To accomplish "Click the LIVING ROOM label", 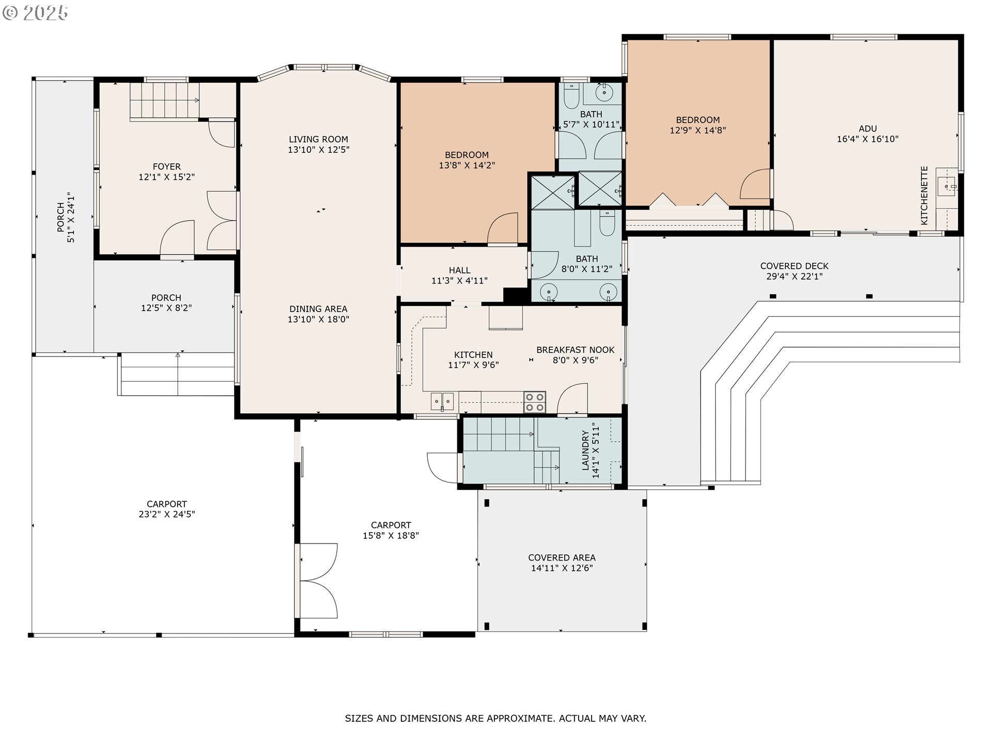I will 318,139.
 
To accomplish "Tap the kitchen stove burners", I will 535,402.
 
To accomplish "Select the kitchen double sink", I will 442,401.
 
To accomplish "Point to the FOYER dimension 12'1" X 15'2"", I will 166,177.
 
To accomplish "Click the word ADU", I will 867,129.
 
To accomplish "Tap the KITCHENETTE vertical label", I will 924,195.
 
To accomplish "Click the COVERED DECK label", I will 794,266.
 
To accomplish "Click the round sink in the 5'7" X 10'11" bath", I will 604,94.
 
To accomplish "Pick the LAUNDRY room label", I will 585,451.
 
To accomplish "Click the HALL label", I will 459,270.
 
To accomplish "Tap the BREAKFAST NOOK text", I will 575,350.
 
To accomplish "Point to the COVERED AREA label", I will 562,557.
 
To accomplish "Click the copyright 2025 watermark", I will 35,12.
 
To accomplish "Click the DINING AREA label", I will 318,309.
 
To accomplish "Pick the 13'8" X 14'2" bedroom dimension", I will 467,165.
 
